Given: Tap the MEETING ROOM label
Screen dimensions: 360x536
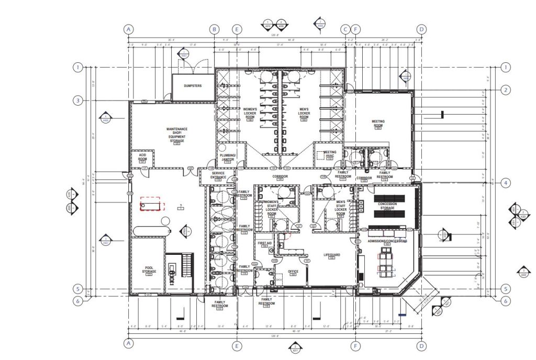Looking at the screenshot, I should coord(378,123).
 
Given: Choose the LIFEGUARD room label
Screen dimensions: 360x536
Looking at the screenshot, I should coord(331,255).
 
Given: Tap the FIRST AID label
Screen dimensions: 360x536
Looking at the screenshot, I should coord(265,244).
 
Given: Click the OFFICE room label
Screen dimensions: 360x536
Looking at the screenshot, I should coord(293,271).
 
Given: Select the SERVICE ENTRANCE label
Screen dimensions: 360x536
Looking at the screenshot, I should coord(218,176).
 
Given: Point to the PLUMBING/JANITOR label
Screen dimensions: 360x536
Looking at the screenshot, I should coord(227,157).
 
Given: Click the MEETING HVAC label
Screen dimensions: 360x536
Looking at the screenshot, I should coord(329,154).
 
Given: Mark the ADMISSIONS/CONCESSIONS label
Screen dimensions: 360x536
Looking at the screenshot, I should coord(388,241).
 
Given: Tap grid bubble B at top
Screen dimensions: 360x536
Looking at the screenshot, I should coord(214,29).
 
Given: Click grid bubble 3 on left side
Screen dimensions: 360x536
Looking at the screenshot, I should coord(78,100).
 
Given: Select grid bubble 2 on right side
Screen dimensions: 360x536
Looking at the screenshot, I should coord(505,90).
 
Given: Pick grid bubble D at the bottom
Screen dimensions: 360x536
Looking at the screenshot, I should coord(421,345).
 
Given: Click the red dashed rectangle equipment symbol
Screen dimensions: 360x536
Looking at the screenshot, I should coord(152,206).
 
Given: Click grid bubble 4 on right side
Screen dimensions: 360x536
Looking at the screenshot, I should coord(505,183).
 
